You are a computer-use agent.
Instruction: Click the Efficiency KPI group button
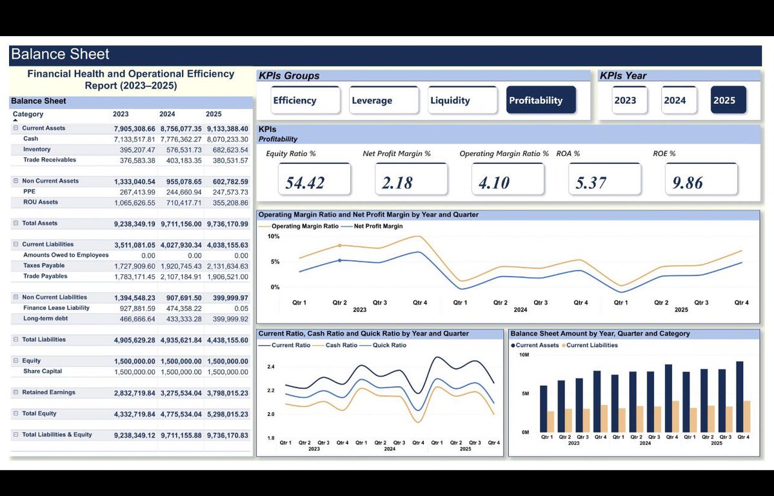coord(306,100)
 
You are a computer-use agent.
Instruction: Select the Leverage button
coord(384,100)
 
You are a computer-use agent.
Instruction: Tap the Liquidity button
coord(462,100)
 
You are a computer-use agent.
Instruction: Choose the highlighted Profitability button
coord(541,100)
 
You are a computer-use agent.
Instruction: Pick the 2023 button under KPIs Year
coord(630,100)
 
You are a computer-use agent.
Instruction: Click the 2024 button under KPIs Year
coord(679,100)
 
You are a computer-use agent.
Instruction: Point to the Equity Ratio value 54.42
coord(304,183)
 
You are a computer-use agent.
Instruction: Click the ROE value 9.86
coord(688,183)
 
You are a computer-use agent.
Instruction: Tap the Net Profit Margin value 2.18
coord(397,183)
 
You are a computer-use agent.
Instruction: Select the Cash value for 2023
coord(134,139)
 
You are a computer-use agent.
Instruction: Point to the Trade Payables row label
coord(45,276)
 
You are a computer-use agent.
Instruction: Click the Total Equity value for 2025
coord(227,414)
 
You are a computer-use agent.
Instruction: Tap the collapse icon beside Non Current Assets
coord(15,181)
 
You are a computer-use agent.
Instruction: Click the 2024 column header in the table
coord(167,114)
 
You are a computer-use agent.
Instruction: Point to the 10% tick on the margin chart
coord(273,237)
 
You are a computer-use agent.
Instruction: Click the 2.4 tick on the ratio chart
coord(271,367)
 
